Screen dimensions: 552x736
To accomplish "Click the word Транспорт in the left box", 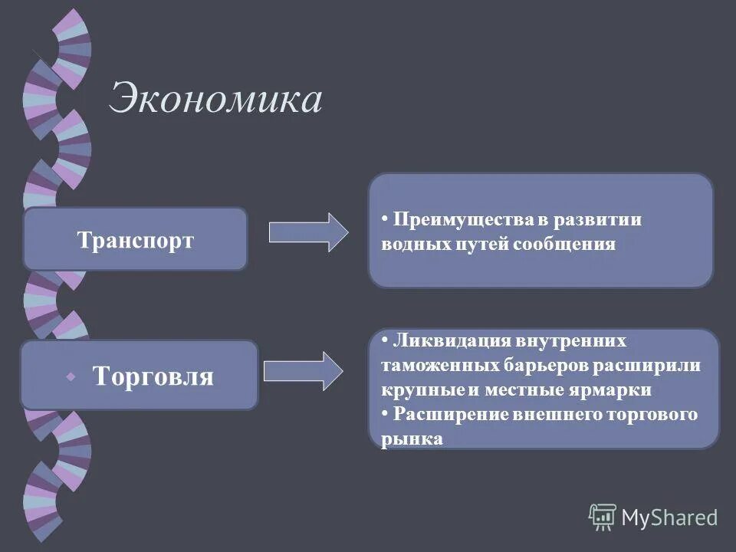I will pyautogui.click(x=136, y=240).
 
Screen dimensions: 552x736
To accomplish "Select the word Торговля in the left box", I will pyautogui.click(x=153, y=376).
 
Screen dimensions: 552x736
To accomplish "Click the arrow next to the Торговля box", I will pyautogui.click(x=303, y=371).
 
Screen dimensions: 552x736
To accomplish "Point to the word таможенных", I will pyautogui.click(x=432, y=365).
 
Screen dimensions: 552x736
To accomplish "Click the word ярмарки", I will pyautogui.click(x=614, y=389).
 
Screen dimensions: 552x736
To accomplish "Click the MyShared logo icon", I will pyautogui.click(x=603, y=517).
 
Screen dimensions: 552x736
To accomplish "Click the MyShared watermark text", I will pyautogui.click(x=669, y=517).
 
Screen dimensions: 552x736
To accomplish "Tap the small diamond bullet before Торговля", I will pyautogui.click(x=71, y=377).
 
